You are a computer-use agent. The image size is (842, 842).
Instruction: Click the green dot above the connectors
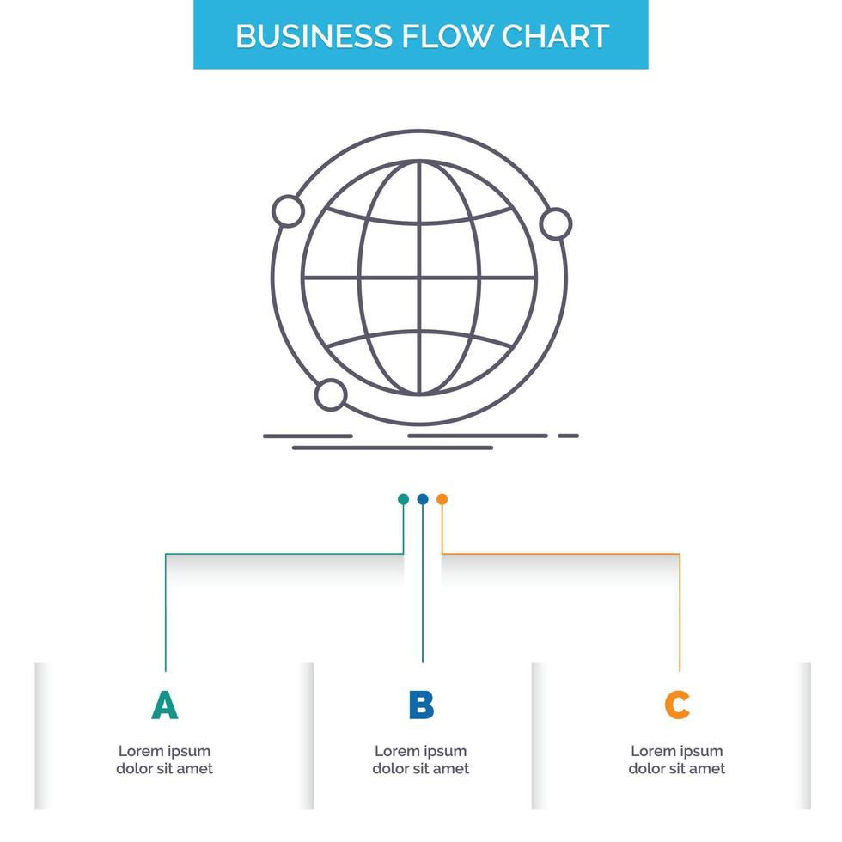[x=403, y=499]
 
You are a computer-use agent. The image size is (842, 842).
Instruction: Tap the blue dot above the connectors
[x=422, y=499]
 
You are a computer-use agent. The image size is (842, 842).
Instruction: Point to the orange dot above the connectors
[x=442, y=499]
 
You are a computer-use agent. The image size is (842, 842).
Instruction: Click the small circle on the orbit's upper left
[x=287, y=211]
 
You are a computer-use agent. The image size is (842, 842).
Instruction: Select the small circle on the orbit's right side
[x=556, y=224]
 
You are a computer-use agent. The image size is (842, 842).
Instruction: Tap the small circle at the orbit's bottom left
[x=331, y=394]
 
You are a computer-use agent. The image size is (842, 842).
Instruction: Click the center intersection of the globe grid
[x=420, y=278]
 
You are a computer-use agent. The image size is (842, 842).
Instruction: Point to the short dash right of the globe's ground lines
[x=568, y=436]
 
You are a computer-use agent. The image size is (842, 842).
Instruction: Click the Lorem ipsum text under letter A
[x=165, y=760]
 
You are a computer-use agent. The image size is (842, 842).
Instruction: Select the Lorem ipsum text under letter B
[x=421, y=760]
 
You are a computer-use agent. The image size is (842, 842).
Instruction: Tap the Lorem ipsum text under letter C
[x=677, y=760]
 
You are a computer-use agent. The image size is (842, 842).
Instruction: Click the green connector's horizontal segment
[x=284, y=554]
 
